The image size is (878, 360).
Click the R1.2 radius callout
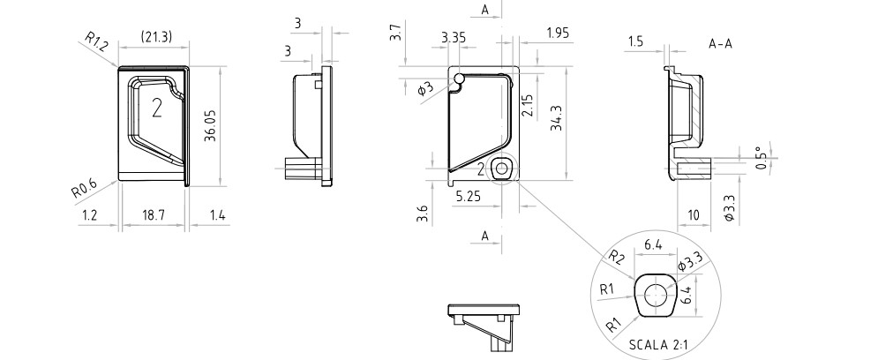96,42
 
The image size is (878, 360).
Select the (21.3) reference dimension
155,37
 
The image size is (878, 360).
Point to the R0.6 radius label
84,189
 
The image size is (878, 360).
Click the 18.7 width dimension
153,215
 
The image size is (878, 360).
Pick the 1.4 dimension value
218,215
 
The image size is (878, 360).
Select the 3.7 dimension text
396,32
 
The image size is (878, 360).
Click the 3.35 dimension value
453,38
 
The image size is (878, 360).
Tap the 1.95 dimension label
559,33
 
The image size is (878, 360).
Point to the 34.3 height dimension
556,118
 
